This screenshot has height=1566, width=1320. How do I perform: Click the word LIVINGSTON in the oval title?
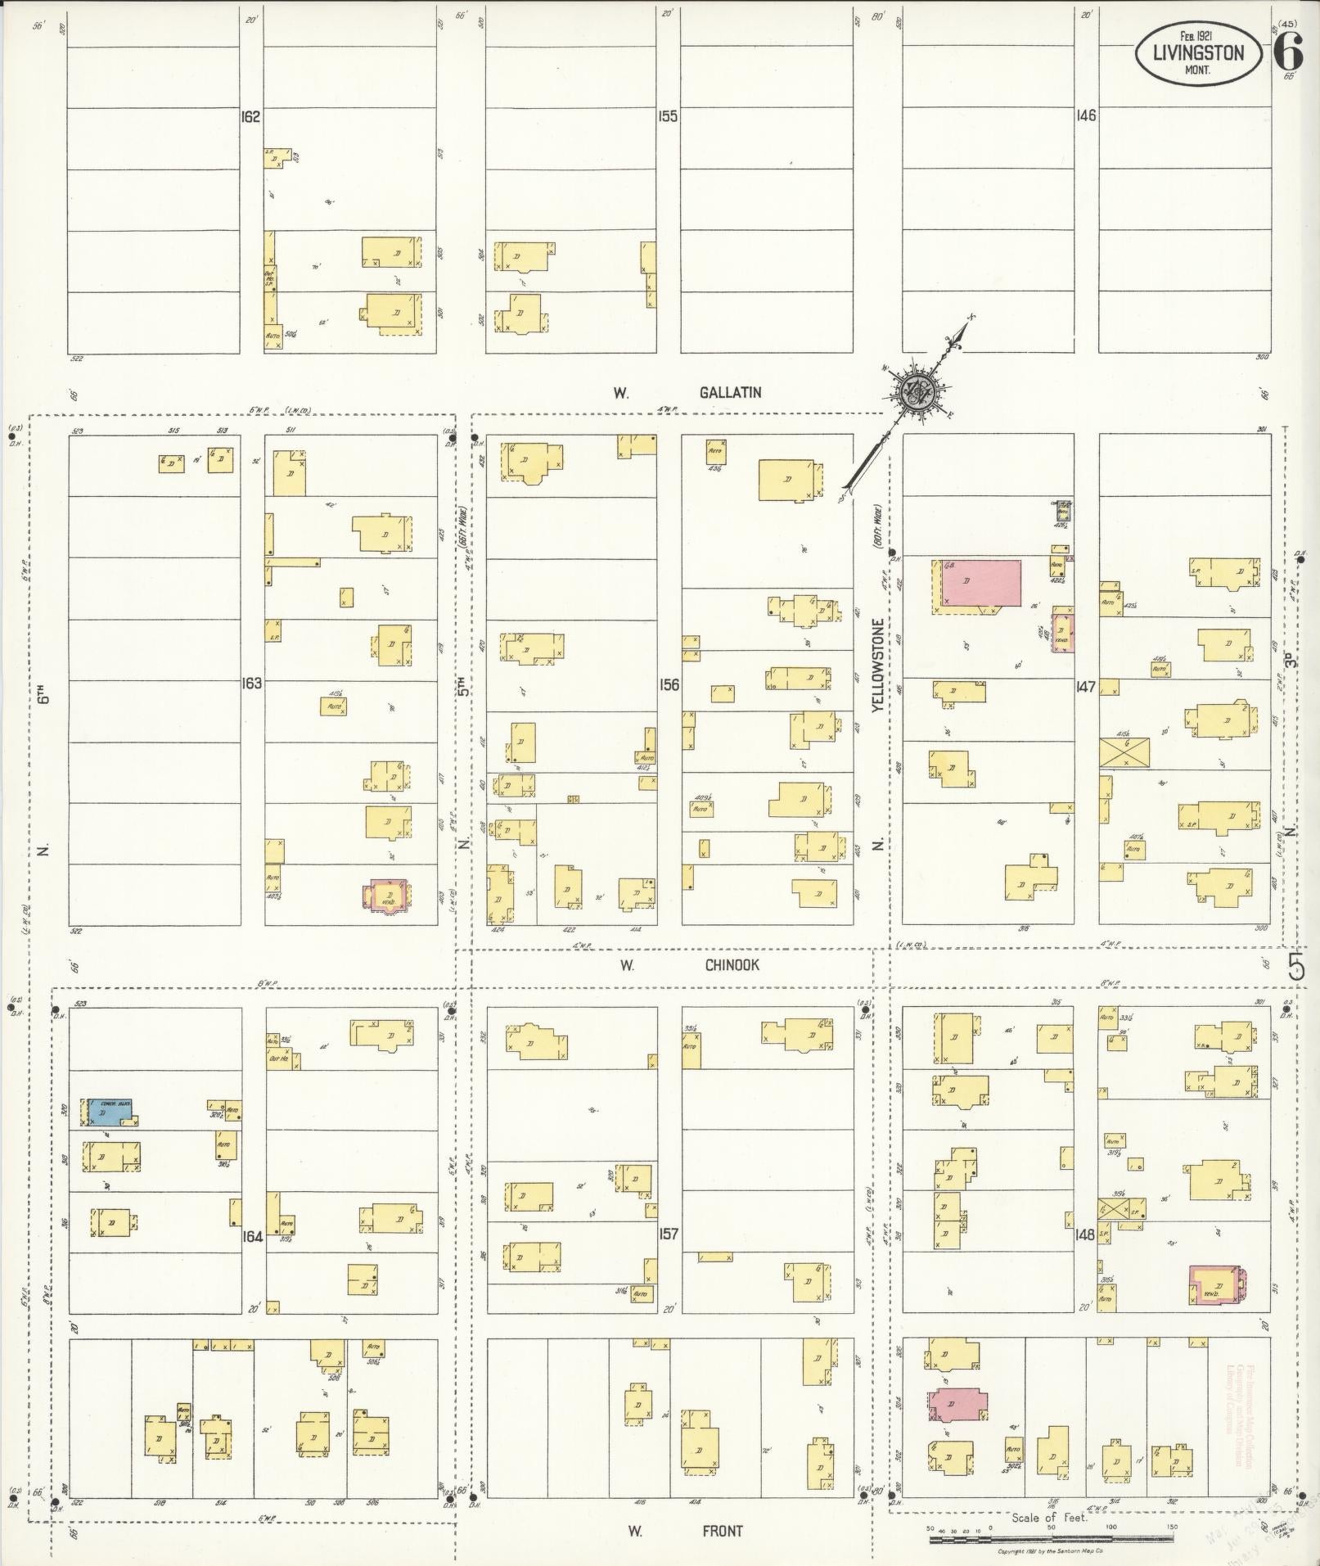[1197, 53]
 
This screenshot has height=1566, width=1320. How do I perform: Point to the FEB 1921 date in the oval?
[1196, 36]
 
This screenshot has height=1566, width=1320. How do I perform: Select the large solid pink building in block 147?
[980, 583]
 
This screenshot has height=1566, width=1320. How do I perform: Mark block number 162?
[250, 117]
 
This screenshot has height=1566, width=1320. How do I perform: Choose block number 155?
[668, 117]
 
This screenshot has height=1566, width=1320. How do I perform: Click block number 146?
[1086, 116]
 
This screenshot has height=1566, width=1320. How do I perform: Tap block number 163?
[251, 683]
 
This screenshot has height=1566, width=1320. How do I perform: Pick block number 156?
[669, 684]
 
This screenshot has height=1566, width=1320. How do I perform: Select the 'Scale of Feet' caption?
[1048, 1518]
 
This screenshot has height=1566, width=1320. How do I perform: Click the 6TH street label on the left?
[46, 694]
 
